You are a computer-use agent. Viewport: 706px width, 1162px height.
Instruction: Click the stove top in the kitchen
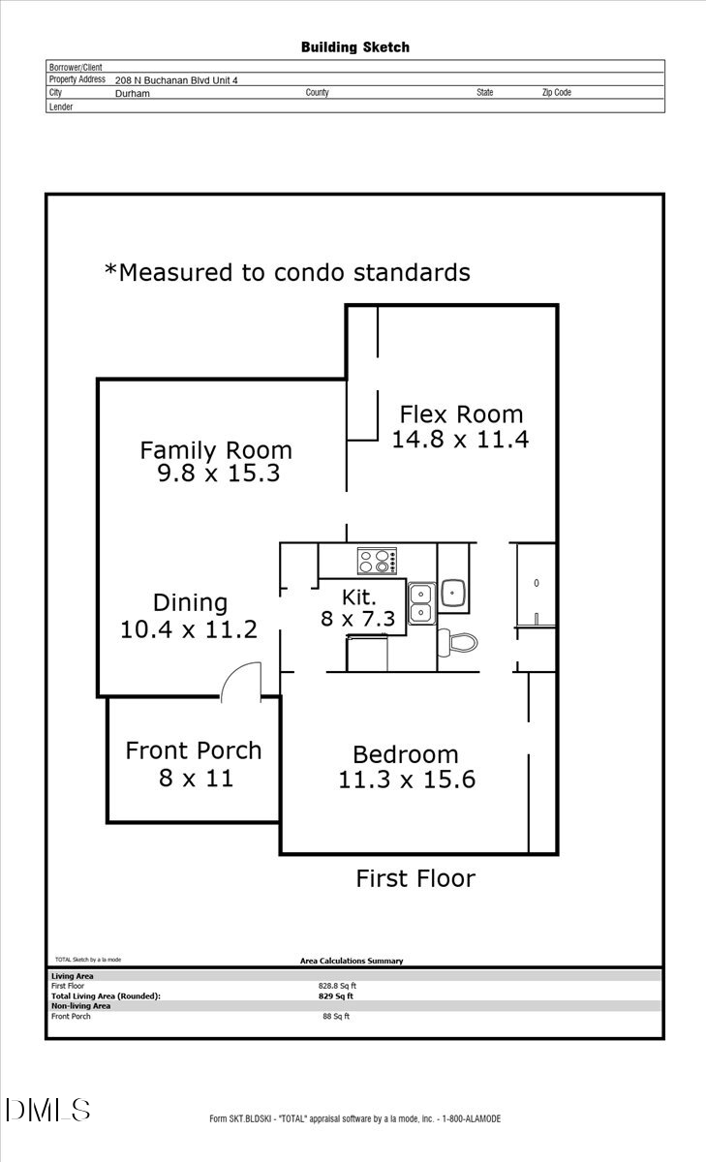click(x=378, y=561)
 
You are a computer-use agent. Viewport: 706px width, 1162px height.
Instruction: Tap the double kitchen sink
click(x=421, y=602)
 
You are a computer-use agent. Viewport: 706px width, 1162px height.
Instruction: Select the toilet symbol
click(x=458, y=641)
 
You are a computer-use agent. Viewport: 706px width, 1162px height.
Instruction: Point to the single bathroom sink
click(x=454, y=592)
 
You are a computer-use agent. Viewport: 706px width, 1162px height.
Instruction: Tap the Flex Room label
click(x=461, y=414)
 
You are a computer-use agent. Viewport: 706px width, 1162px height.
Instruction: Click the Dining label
click(x=190, y=602)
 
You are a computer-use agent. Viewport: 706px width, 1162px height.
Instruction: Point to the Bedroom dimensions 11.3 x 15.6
click(x=407, y=779)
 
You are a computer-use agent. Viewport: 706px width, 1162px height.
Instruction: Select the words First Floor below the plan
click(x=415, y=878)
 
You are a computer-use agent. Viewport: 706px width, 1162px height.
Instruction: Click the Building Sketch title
click(x=354, y=46)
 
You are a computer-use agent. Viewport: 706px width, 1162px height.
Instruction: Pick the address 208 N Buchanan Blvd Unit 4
click(x=175, y=80)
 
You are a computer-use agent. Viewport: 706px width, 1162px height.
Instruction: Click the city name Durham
click(x=133, y=94)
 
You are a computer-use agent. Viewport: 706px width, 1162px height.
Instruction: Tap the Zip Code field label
click(x=556, y=93)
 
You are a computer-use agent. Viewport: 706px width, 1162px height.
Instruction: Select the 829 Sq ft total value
click(x=337, y=995)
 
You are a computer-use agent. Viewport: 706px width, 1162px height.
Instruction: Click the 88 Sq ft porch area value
click(x=336, y=1017)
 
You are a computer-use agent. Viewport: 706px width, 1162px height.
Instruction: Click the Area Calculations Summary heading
click(x=352, y=961)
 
